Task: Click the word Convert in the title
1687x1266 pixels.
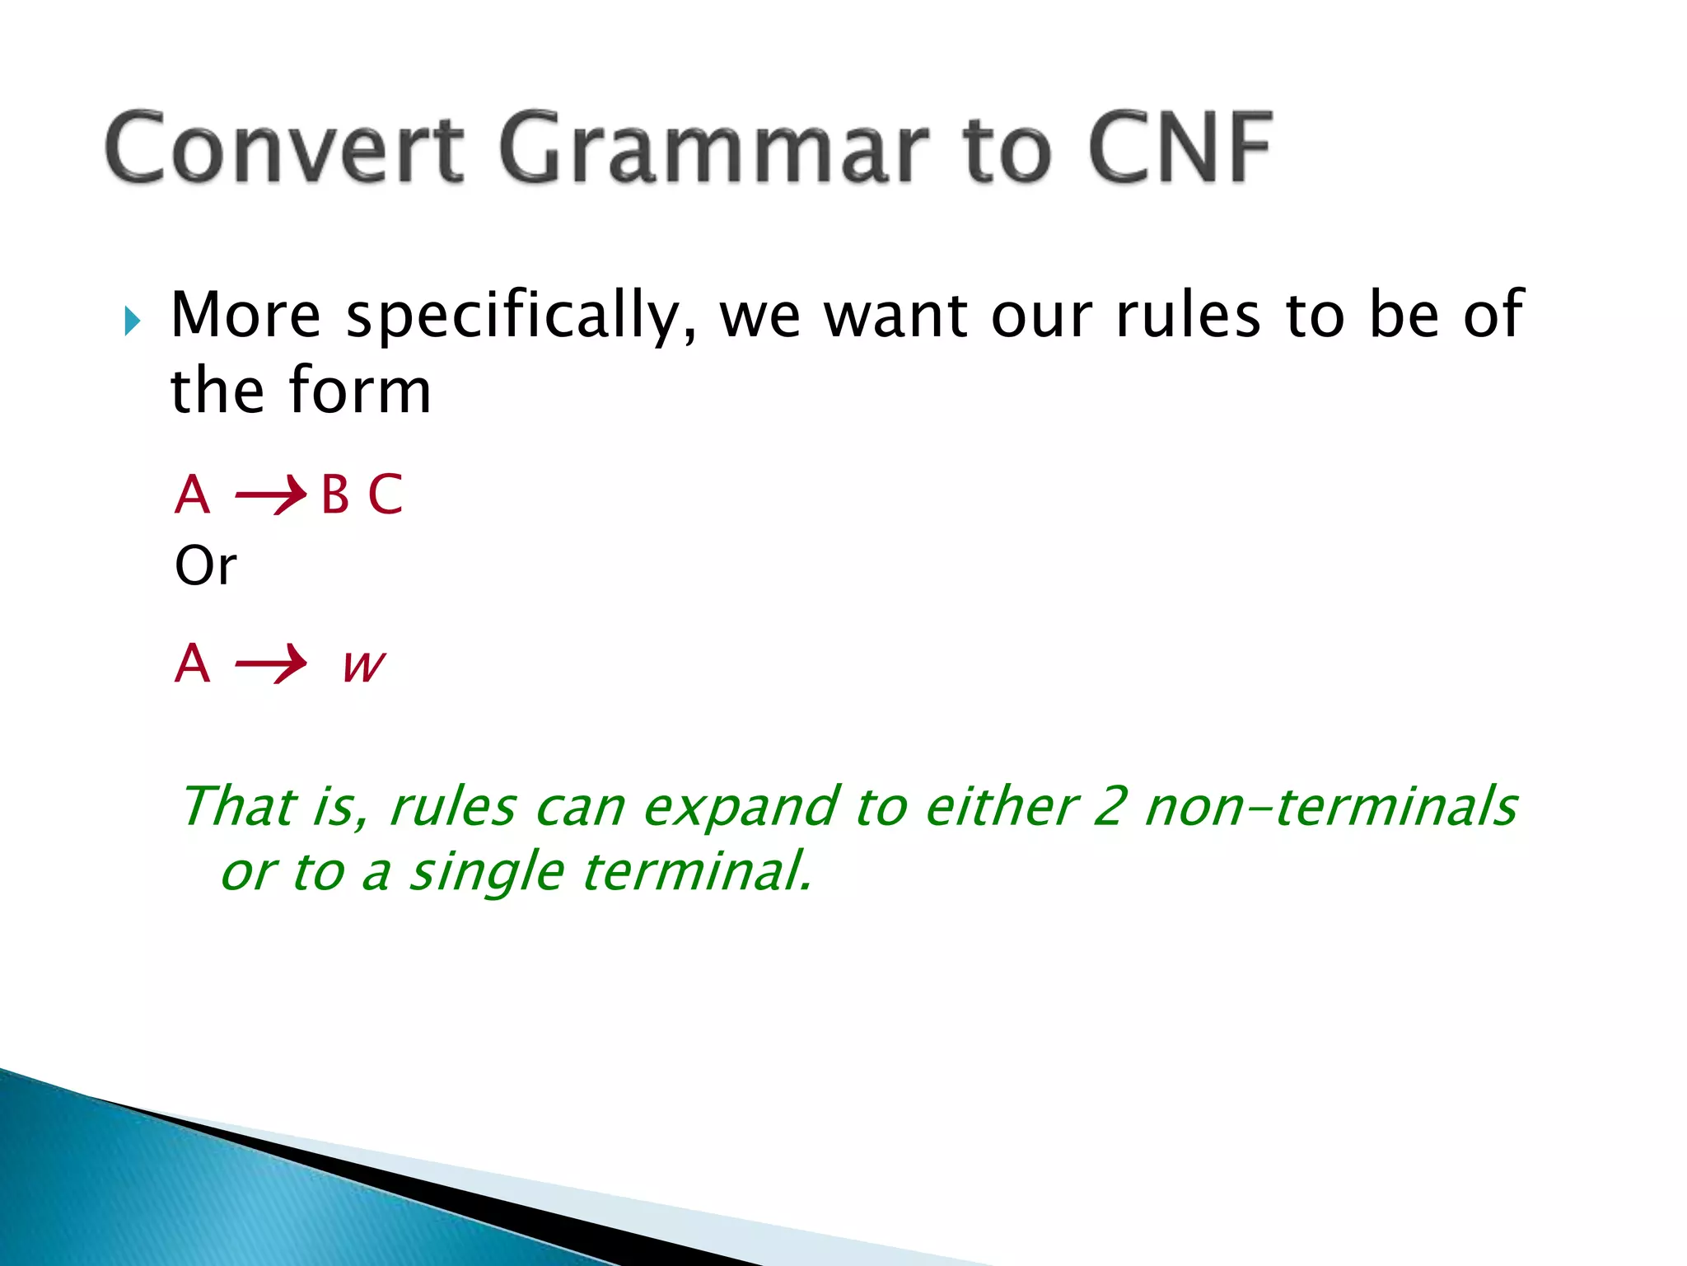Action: pos(284,148)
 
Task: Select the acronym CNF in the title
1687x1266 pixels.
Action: pos(1180,148)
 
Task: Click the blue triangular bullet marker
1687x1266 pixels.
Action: pos(133,321)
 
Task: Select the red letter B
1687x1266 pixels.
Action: pos(334,495)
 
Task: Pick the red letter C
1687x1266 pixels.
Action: pos(385,495)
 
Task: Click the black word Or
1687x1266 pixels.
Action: pos(205,567)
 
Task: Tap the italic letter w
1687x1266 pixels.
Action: pos(363,664)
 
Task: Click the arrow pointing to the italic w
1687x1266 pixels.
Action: pos(270,663)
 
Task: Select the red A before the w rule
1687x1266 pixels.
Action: pos(193,663)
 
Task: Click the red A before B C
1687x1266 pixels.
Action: pos(193,495)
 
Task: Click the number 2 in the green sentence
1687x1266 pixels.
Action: pos(1109,806)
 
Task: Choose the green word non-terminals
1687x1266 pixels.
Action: pos(1330,806)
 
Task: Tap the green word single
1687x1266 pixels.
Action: pos(487,872)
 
